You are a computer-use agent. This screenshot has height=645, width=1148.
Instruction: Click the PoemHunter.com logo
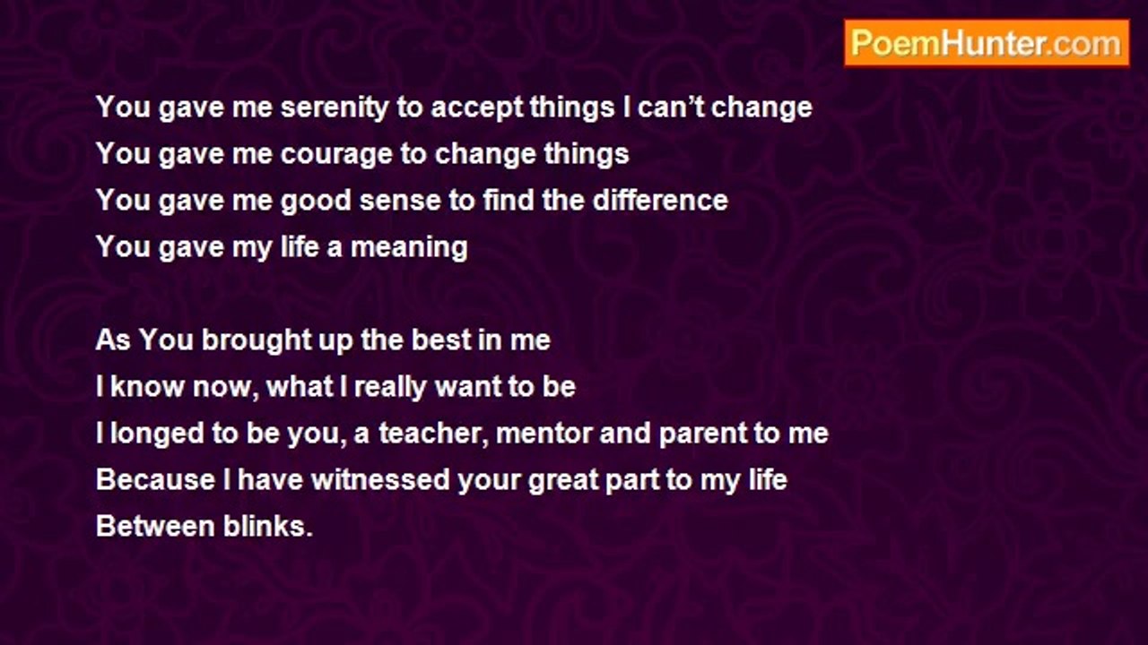[987, 43]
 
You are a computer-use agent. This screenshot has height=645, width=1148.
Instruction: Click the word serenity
[335, 108]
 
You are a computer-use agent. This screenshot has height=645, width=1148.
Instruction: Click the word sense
[400, 200]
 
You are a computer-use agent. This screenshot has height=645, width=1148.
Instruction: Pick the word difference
[660, 199]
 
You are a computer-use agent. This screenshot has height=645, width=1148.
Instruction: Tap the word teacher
[433, 434]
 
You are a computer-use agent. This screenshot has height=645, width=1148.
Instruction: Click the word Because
[155, 480]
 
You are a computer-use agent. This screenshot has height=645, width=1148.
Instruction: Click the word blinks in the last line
[265, 526]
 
